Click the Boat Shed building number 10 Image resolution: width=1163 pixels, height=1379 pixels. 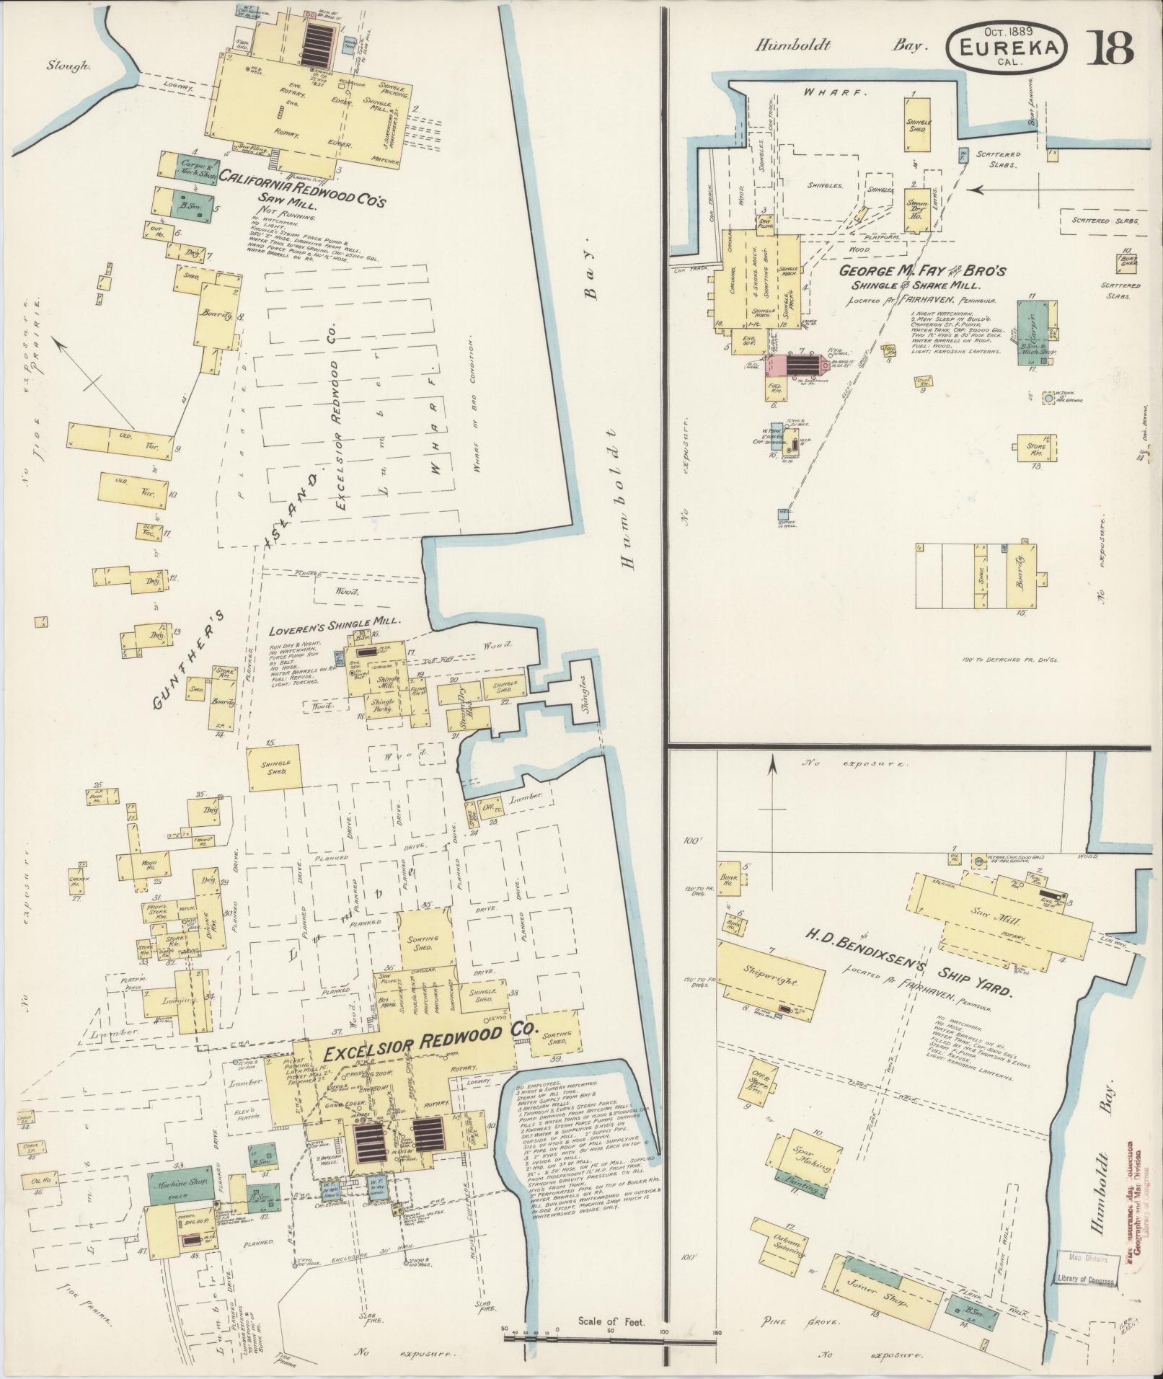coord(1126,263)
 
